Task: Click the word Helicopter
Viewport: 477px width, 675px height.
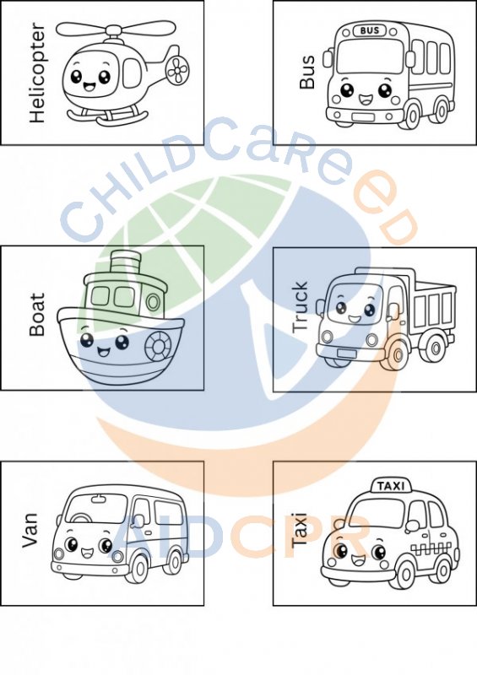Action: point(37,73)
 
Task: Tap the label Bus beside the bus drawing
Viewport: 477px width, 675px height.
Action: point(306,72)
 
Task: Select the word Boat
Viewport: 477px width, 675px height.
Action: point(37,314)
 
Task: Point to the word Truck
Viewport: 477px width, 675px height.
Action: point(300,307)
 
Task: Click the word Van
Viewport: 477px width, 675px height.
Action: point(30,530)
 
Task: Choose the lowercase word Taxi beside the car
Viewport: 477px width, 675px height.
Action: point(299,530)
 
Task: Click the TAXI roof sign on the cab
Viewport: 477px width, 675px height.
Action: point(391,486)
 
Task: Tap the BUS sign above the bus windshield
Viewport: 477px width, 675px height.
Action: point(369,30)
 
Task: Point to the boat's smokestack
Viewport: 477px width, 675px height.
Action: point(126,264)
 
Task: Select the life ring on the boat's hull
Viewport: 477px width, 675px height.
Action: point(158,346)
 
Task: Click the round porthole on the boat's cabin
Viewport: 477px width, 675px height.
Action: point(153,302)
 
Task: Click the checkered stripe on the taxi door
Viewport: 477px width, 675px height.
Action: point(431,548)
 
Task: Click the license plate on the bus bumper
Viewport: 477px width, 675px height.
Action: point(363,117)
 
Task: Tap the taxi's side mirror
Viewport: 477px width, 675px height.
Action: point(412,524)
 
